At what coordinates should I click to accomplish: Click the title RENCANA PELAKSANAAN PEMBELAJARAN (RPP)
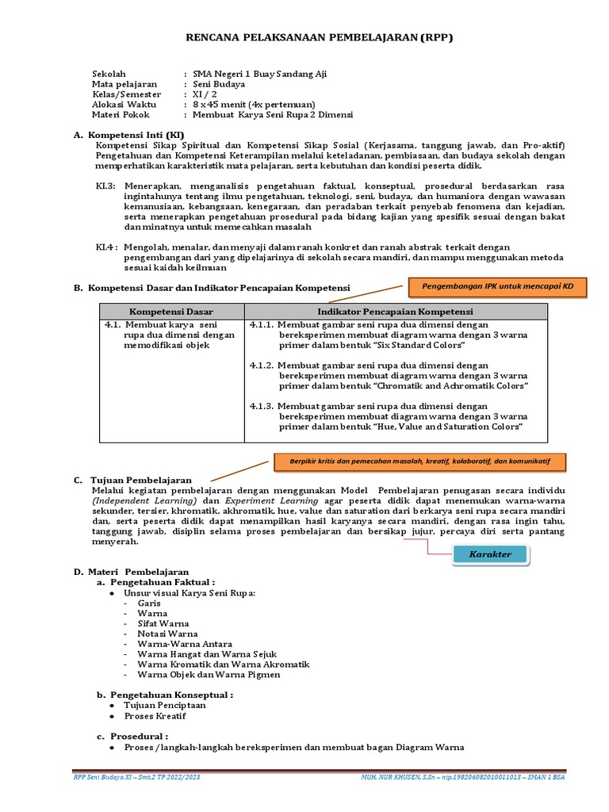coord(319,37)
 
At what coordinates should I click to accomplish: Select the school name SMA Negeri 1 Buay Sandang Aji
coord(259,74)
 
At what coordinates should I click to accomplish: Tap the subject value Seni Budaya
coord(219,84)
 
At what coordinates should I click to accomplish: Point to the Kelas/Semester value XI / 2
coord(205,94)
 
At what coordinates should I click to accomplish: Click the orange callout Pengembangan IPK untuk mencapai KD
coord(497,285)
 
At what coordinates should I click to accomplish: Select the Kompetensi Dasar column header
coord(171,312)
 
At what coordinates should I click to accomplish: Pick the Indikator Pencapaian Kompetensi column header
coord(396,312)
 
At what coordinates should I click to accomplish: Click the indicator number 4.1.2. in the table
coord(262,365)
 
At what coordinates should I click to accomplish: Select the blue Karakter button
coord(491,554)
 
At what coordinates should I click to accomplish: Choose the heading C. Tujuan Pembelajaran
coord(140,481)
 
